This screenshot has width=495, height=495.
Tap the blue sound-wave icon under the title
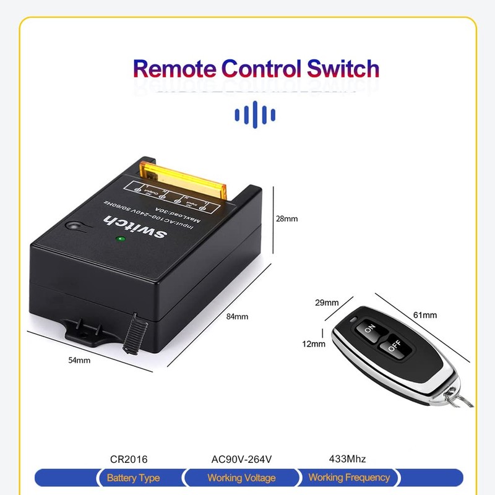(255, 114)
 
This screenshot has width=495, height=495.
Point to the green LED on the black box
(121, 238)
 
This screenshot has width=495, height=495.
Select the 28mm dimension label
(287, 218)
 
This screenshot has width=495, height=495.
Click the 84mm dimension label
(237, 316)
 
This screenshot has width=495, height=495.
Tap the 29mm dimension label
(327, 303)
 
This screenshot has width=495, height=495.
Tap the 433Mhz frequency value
(348, 459)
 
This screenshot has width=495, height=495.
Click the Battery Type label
(133, 478)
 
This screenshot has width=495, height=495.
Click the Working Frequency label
(349, 478)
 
